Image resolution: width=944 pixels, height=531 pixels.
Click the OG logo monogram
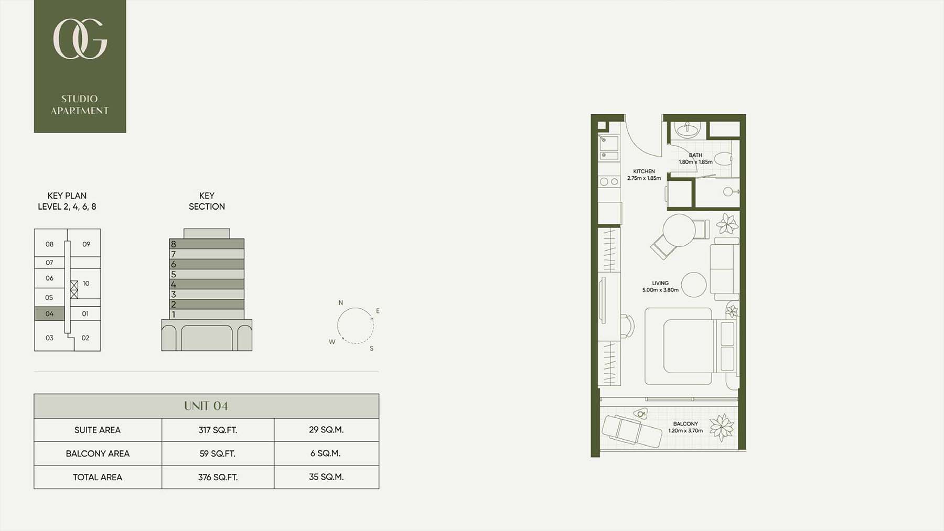(x=80, y=39)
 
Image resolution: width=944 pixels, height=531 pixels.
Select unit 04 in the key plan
(x=49, y=313)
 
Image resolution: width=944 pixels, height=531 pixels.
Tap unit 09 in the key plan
(x=86, y=244)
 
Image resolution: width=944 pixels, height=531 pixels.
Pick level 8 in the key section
(x=207, y=244)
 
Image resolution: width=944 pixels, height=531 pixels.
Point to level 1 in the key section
(x=207, y=314)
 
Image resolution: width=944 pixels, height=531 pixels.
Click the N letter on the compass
(x=341, y=303)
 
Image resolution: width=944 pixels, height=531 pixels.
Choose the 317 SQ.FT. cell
(x=218, y=430)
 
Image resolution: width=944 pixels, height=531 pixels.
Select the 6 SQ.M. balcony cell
(x=326, y=453)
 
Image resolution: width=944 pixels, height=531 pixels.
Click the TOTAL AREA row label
(x=98, y=477)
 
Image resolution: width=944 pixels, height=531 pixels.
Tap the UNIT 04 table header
(x=206, y=406)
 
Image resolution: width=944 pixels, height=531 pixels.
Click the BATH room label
(x=695, y=155)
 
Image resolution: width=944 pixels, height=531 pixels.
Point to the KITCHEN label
(x=644, y=171)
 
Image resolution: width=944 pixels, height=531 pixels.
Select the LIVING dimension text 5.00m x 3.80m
(x=660, y=290)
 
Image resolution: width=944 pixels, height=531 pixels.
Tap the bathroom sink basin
(x=686, y=129)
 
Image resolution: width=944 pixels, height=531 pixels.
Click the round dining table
(x=679, y=230)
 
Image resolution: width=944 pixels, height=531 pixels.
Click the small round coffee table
(x=694, y=285)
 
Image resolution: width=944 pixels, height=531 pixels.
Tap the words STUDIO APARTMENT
(x=80, y=105)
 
